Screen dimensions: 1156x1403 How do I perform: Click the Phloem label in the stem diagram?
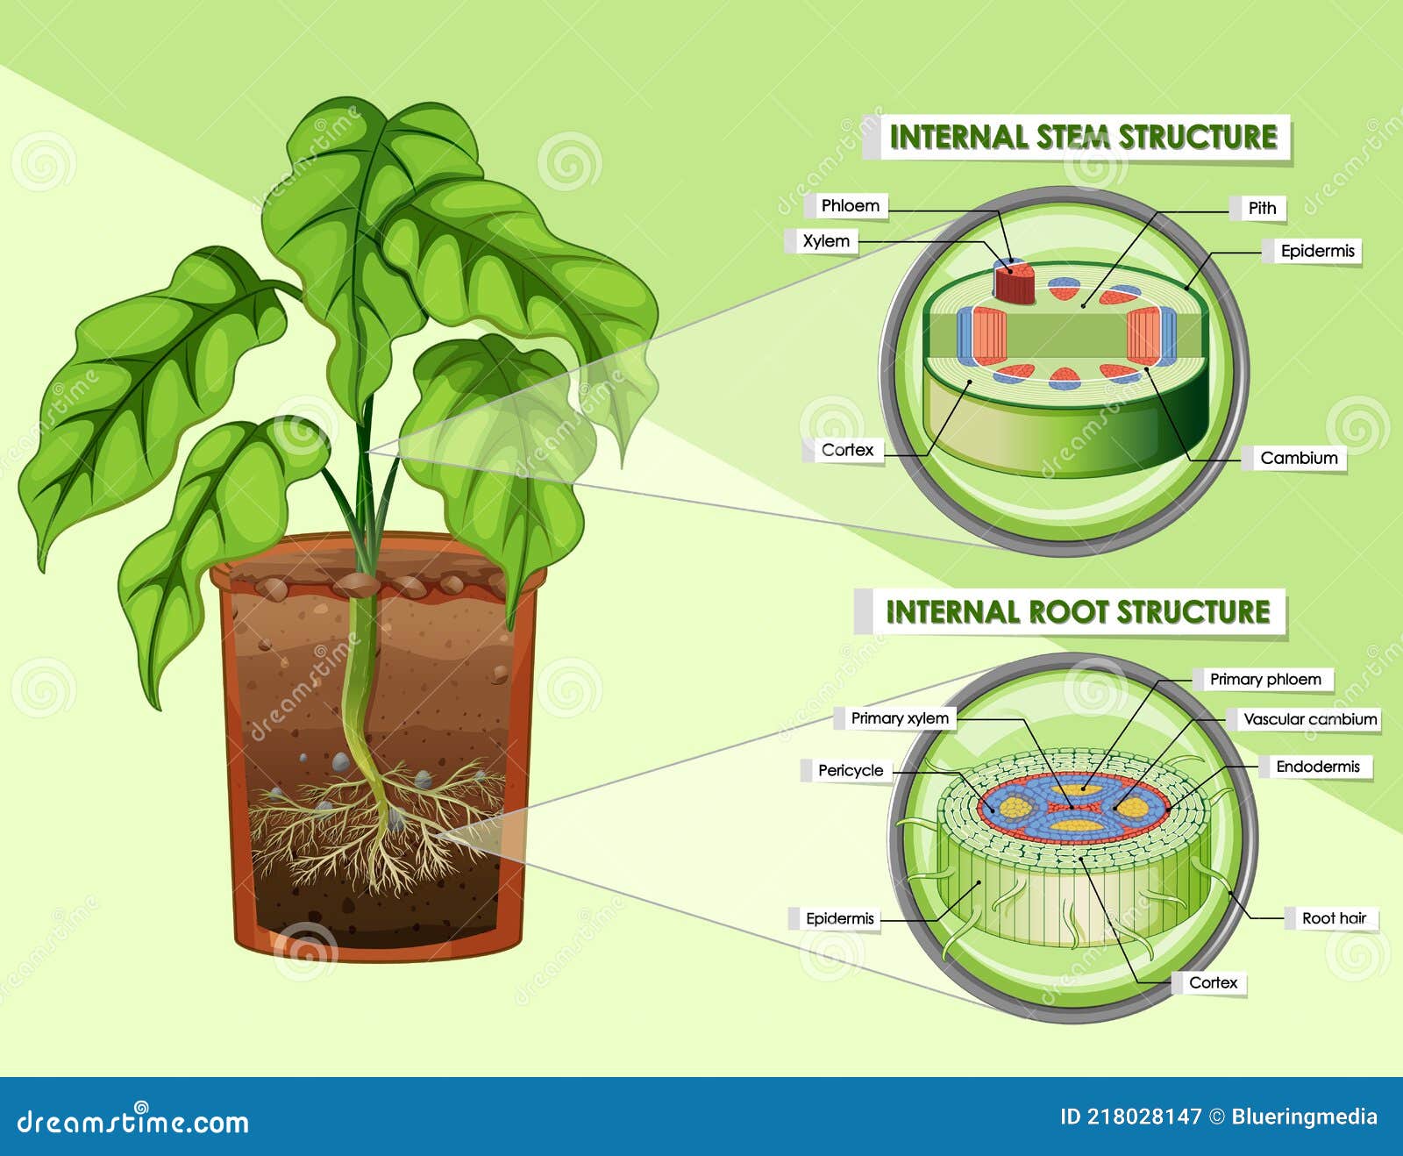coord(850,206)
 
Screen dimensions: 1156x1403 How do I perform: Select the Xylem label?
coord(826,241)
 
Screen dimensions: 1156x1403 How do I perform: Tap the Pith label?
coord(1262,208)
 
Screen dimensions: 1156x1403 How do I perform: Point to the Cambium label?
coord(1299,458)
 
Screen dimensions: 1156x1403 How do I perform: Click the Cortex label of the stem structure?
coord(847,450)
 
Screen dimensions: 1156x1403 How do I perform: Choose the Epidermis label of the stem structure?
coord(1317,251)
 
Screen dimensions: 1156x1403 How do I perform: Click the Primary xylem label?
coord(900,718)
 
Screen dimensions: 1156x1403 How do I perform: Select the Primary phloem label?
coord(1264,679)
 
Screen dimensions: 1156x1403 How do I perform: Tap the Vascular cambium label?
coord(1310,719)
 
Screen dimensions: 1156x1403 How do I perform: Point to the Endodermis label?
coord(1317,767)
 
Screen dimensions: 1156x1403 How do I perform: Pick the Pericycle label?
coord(850,770)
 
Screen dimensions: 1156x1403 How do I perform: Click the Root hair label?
coord(1334,918)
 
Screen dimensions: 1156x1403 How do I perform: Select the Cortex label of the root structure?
coord(1213,982)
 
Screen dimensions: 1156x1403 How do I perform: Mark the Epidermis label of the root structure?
coord(839,918)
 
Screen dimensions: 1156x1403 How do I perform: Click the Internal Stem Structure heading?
coord(1083,137)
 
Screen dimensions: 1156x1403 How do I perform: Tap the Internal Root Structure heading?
coord(1078,611)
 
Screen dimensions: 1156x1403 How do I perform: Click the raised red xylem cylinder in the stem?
coord(1015,282)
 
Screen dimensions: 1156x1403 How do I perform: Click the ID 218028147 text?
coord(1130,1117)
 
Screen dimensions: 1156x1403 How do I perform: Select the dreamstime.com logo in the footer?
coord(133,1121)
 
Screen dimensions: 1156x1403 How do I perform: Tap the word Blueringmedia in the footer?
coord(1304,1117)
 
